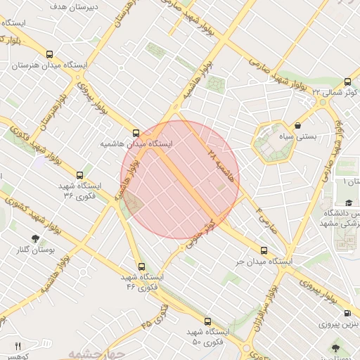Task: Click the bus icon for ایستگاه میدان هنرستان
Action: click(49, 53)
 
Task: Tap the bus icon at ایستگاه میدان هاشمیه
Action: click(136, 132)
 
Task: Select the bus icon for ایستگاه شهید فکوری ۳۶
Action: click(79, 175)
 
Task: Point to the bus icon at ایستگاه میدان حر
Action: click(264, 250)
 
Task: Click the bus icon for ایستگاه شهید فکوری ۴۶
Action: click(141, 266)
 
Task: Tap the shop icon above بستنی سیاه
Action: click(298, 126)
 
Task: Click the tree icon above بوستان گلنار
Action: click(36, 238)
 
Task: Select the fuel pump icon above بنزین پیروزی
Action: click(347, 313)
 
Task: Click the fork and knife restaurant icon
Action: click(18, 346)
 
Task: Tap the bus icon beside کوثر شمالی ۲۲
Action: click(347, 81)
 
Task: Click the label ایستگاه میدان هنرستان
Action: click(49, 65)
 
